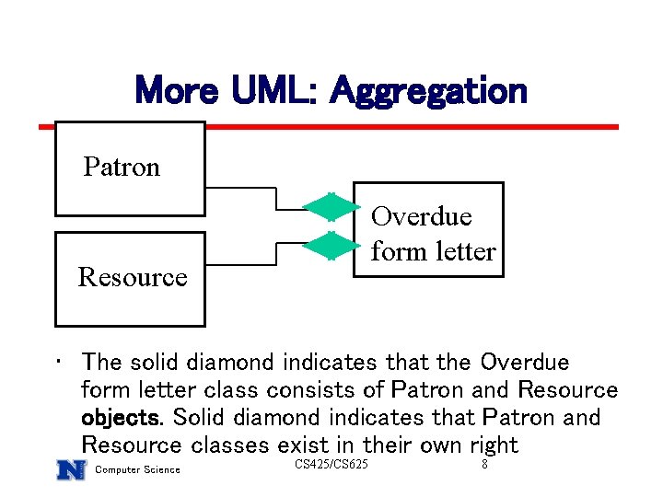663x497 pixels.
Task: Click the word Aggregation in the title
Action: pyautogui.click(x=428, y=91)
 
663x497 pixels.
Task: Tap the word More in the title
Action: pyautogui.click(x=175, y=91)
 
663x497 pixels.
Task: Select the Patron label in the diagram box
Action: pyautogui.click(x=122, y=167)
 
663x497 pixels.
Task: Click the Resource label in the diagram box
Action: pyautogui.click(x=133, y=276)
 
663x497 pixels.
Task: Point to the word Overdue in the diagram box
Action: pyautogui.click(x=421, y=216)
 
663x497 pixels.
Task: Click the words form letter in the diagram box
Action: pyautogui.click(x=433, y=250)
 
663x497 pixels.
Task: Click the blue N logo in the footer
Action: pyautogui.click(x=71, y=469)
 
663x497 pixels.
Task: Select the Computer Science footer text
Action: pyautogui.click(x=138, y=471)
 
